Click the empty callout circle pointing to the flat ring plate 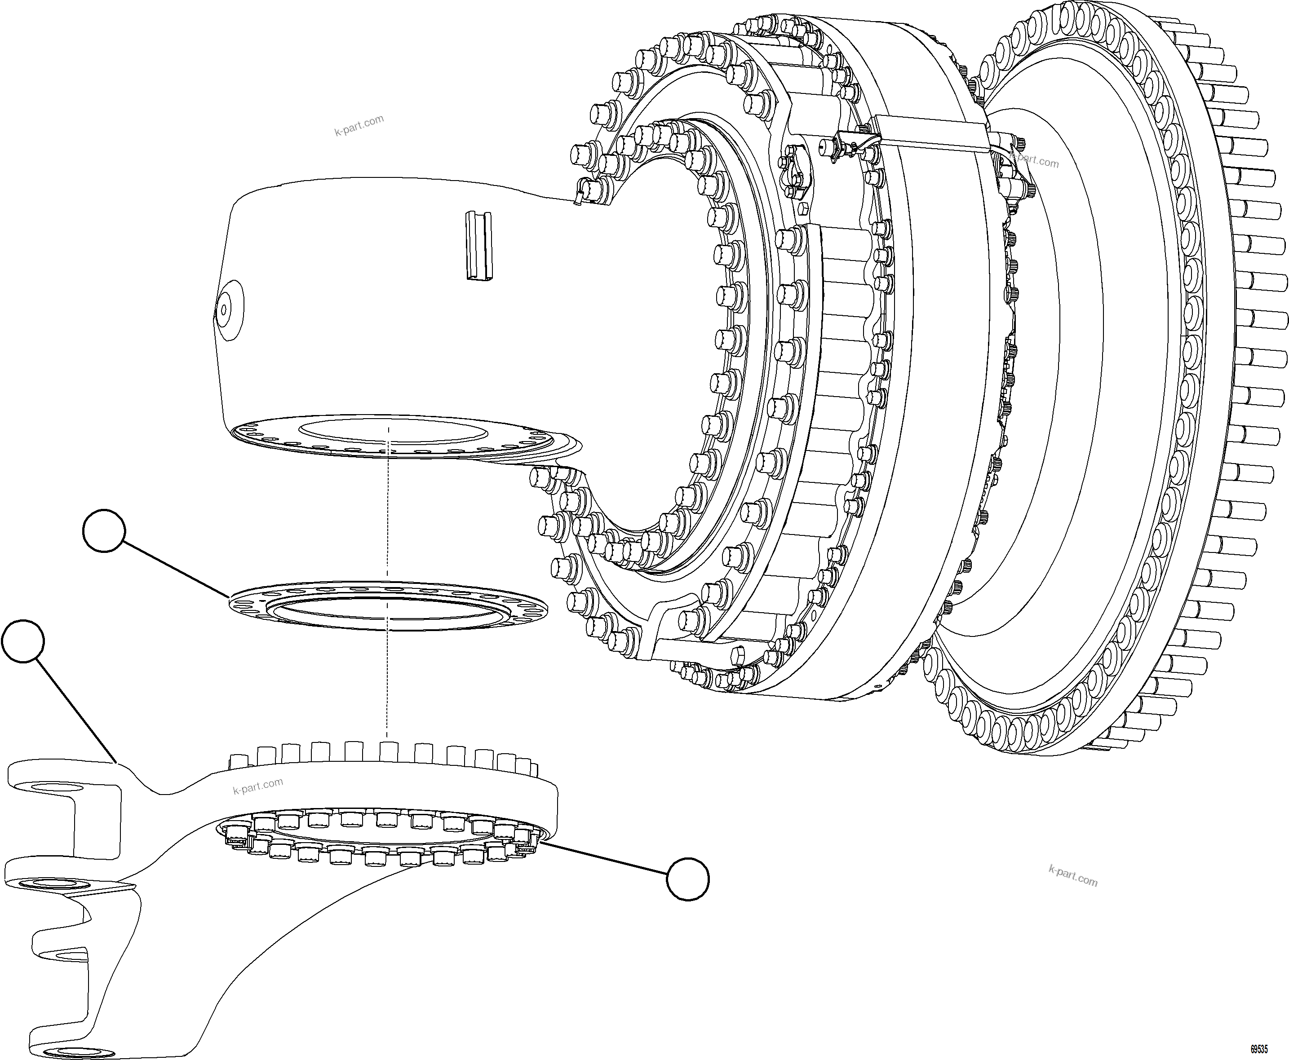104,530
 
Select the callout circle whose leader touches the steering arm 23,640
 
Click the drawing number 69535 1258,1049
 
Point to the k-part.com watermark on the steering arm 258,786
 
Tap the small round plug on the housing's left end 224,309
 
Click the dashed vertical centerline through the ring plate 388,671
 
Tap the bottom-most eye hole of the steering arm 80,1052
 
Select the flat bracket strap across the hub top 928,131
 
